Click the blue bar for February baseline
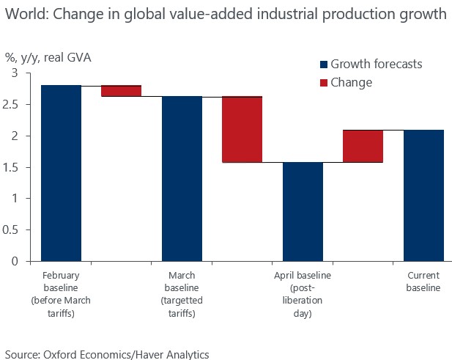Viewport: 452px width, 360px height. (61, 173)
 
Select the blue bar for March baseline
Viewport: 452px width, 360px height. (182, 178)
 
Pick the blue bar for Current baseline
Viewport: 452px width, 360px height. (423, 195)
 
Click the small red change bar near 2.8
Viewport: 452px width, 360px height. (121, 91)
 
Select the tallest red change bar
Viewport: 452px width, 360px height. (242, 129)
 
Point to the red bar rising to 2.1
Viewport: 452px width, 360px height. (363, 146)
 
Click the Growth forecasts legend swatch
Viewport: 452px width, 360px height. (323, 65)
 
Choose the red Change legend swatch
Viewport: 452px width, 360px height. (323, 82)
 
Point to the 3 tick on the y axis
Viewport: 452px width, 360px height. (15, 73)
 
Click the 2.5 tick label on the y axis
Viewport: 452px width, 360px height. (10, 104)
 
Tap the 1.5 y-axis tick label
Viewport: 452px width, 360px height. (10, 167)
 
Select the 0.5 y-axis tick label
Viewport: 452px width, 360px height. (10, 229)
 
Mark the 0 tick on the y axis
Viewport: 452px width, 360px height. (15, 261)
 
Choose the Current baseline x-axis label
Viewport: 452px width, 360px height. (423, 282)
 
